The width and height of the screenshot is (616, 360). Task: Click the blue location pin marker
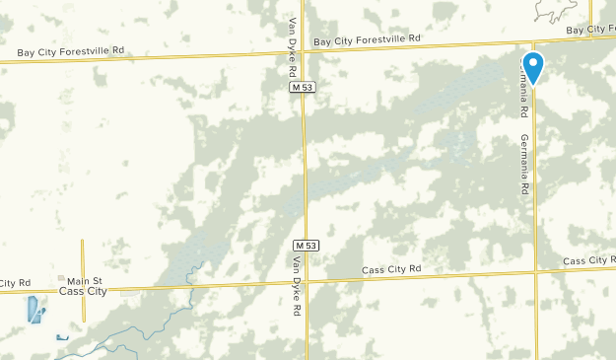coord(532,67)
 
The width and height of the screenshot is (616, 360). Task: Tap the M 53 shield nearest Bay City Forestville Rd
coord(303,88)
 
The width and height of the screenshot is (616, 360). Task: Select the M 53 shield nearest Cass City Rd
coord(306,245)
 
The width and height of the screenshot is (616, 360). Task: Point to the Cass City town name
coord(83,292)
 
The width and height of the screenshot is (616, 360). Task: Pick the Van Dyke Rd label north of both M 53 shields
coord(293,44)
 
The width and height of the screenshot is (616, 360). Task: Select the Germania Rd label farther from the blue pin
coord(525,163)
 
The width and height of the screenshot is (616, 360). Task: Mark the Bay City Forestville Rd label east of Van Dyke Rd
coord(367,40)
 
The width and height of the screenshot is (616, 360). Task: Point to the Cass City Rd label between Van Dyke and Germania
coord(391,269)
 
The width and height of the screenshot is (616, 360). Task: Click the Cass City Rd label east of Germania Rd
coord(588,260)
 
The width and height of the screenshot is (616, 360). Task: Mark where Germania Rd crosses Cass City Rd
coord(536,269)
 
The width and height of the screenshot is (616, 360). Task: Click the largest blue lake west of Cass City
coord(35,311)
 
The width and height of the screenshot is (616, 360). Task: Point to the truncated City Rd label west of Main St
coord(14,283)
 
